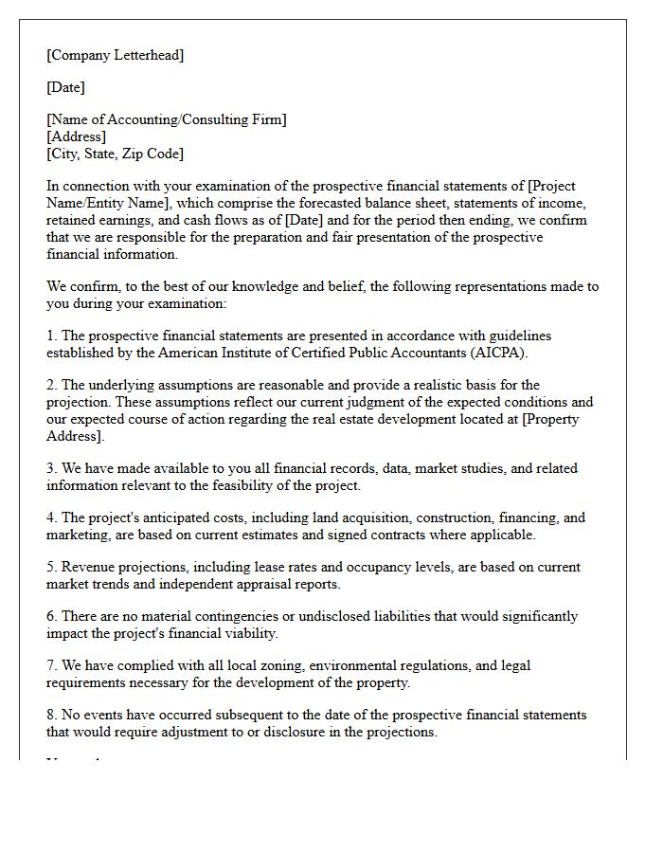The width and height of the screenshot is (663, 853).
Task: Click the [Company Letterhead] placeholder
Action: pos(116,55)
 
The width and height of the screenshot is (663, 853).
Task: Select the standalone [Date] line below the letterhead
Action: pos(65,87)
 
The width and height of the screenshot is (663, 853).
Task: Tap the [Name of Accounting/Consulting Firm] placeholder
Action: pos(167,119)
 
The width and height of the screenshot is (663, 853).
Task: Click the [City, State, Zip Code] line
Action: pos(115,154)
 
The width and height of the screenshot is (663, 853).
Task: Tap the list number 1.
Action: pos(51,336)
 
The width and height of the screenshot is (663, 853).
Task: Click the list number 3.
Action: pos(51,468)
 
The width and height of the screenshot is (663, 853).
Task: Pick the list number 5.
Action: pos(51,567)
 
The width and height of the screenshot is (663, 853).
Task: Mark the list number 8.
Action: pos(51,715)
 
